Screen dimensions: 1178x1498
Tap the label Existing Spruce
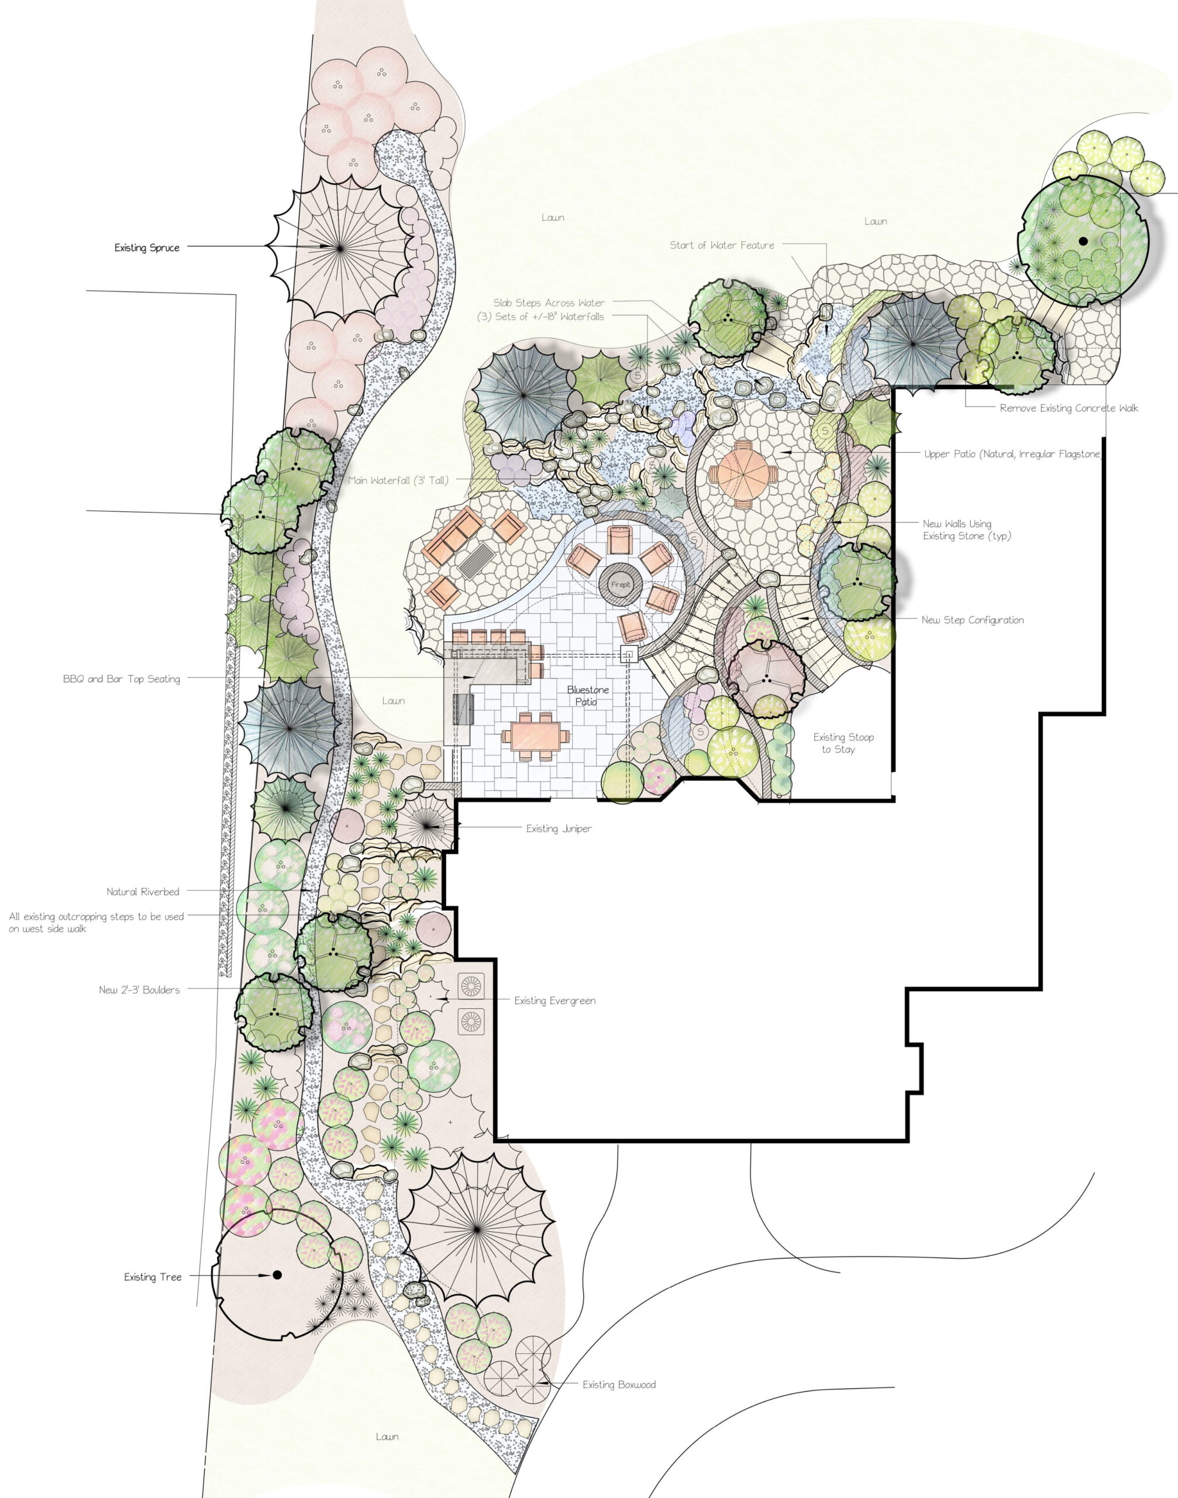[x=147, y=248]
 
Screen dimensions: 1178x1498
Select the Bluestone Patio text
[x=588, y=696]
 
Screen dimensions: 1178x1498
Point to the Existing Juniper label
[x=559, y=829]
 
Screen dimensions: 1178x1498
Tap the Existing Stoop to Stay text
[x=843, y=743]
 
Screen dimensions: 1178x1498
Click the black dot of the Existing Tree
[x=277, y=1275]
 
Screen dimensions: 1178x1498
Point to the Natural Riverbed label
[x=143, y=892]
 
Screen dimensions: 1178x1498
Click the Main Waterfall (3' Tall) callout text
[x=398, y=480]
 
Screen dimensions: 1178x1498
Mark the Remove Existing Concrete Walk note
[x=1069, y=408]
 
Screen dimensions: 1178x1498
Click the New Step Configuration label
[x=973, y=620]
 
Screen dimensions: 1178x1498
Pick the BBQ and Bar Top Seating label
[x=122, y=679]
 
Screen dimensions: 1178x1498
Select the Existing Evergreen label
[x=554, y=1001]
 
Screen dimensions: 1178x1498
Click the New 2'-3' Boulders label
[x=139, y=990]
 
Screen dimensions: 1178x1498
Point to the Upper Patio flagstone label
[x=1012, y=455]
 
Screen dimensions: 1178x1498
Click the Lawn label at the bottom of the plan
[x=387, y=1437]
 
